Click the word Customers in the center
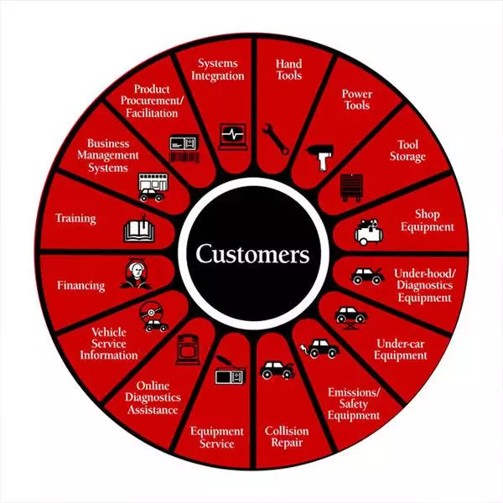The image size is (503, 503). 252,254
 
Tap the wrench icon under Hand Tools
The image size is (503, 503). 275,139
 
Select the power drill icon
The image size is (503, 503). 321,158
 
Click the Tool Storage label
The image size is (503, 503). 407,151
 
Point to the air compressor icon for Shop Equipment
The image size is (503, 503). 369,232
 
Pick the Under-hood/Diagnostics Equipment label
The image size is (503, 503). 425,286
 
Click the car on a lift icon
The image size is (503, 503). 351,318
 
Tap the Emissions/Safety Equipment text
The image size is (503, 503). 354,404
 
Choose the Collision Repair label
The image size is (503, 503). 287,437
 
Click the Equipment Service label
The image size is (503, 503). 217,438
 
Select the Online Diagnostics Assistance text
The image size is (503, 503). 153,397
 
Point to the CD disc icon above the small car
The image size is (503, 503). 150,311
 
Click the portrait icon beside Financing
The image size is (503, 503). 136,273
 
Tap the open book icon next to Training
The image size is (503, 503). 139,230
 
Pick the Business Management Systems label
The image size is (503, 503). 108,156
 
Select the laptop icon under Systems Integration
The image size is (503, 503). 233,137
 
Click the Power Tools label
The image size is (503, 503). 357,100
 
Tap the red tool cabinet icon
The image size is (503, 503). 352,188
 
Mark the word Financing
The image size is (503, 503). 80,286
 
